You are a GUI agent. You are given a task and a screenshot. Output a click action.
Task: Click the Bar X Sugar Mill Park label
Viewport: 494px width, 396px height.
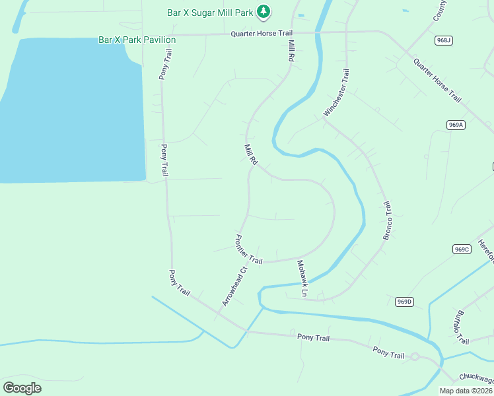tap(209, 12)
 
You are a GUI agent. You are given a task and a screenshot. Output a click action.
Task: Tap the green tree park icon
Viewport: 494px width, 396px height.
tap(264, 11)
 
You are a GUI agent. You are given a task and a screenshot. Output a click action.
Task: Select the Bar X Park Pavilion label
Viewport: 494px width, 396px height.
tap(137, 40)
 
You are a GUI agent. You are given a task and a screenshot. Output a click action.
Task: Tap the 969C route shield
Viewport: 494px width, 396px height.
tap(462, 249)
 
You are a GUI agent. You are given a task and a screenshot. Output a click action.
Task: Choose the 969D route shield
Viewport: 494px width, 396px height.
tap(404, 302)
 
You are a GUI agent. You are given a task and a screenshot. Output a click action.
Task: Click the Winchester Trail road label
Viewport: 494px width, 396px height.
tap(336, 92)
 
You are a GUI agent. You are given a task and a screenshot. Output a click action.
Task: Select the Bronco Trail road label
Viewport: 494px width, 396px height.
tap(388, 220)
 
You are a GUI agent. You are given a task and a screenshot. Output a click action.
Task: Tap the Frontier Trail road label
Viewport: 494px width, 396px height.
tap(249, 250)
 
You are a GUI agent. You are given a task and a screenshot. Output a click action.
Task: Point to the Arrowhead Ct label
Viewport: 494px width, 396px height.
tap(234, 285)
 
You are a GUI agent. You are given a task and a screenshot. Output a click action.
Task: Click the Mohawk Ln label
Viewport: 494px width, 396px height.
tap(302, 277)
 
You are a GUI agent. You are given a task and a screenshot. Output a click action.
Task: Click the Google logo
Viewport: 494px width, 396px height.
tap(22, 387)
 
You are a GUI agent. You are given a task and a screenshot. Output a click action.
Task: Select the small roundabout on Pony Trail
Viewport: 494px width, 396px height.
tap(415, 357)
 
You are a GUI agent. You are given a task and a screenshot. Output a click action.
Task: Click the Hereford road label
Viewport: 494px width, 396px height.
tap(486, 252)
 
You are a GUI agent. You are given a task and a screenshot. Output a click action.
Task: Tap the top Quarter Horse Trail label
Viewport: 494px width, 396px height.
tap(261, 33)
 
